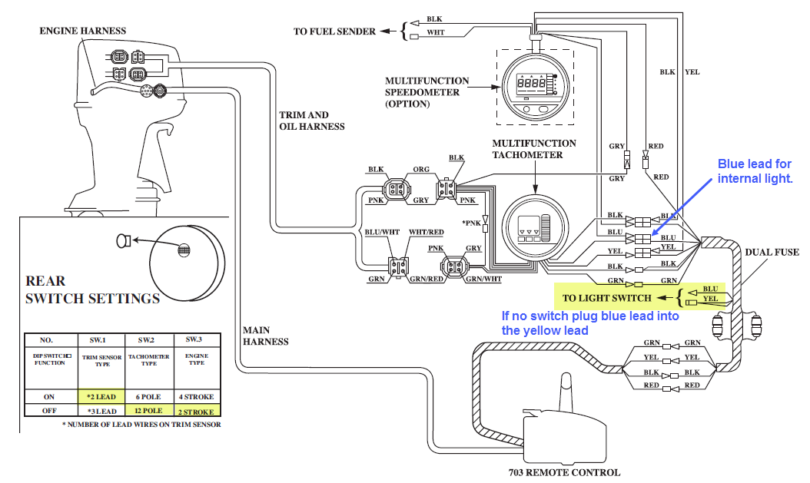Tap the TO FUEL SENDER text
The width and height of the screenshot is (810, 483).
pyautogui.click(x=334, y=31)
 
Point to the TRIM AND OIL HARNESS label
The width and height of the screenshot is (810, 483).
pyautogui.click(x=312, y=121)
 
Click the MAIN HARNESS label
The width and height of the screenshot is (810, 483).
pyautogui.click(x=266, y=336)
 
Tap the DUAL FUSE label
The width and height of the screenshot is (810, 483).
pyautogui.click(x=772, y=252)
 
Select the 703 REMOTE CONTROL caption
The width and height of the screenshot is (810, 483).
pyautogui.click(x=565, y=472)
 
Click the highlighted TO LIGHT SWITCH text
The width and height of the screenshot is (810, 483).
pyautogui.click(x=607, y=297)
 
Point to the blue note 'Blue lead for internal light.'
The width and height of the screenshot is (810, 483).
pyautogui.click(x=754, y=171)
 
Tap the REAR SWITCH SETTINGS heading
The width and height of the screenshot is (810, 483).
pyautogui.click(x=92, y=289)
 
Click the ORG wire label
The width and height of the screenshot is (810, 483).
pyautogui.click(x=421, y=170)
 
